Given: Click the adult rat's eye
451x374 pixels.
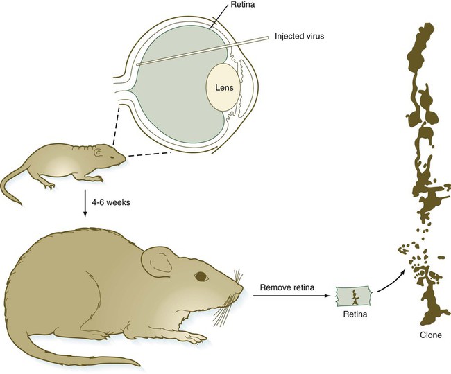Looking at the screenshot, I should [x=201, y=276].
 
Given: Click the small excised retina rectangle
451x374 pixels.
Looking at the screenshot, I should [x=355, y=296].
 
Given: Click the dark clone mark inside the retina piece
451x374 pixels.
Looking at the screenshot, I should [x=355, y=299].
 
